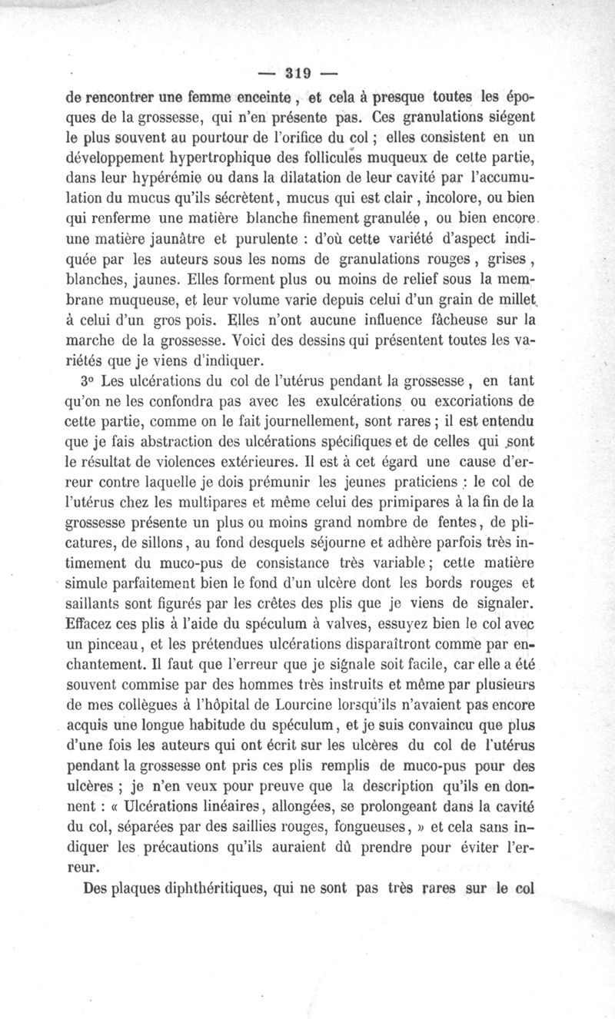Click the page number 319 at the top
[296, 75]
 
